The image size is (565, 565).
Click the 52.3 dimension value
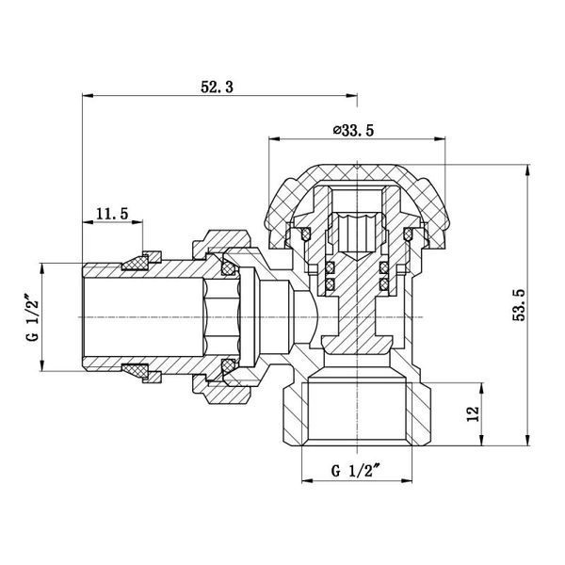tap(217, 88)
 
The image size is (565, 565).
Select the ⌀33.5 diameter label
tap(353, 131)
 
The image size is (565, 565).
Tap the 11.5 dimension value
tap(112, 214)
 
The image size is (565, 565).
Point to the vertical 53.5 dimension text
tap(520, 305)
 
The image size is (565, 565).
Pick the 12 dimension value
tap(473, 413)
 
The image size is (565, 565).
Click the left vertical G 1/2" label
tap(32, 318)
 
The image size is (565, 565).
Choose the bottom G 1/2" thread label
tap(356, 471)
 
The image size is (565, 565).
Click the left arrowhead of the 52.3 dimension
tap(88, 96)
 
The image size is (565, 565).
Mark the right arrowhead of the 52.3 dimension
tap(351, 96)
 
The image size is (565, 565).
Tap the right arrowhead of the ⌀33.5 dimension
tap(440, 138)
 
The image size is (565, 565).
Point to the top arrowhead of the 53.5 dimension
tap(528, 170)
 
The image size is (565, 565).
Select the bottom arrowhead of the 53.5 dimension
tap(528, 441)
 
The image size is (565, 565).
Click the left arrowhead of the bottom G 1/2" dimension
tap(307, 480)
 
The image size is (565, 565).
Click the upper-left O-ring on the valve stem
tap(331, 267)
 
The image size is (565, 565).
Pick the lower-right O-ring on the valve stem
tap(384, 283)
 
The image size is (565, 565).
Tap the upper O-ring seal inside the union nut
tap(228, 267)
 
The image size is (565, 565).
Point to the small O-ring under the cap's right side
tap(409, 234)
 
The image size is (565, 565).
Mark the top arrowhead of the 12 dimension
tap(481, 388)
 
